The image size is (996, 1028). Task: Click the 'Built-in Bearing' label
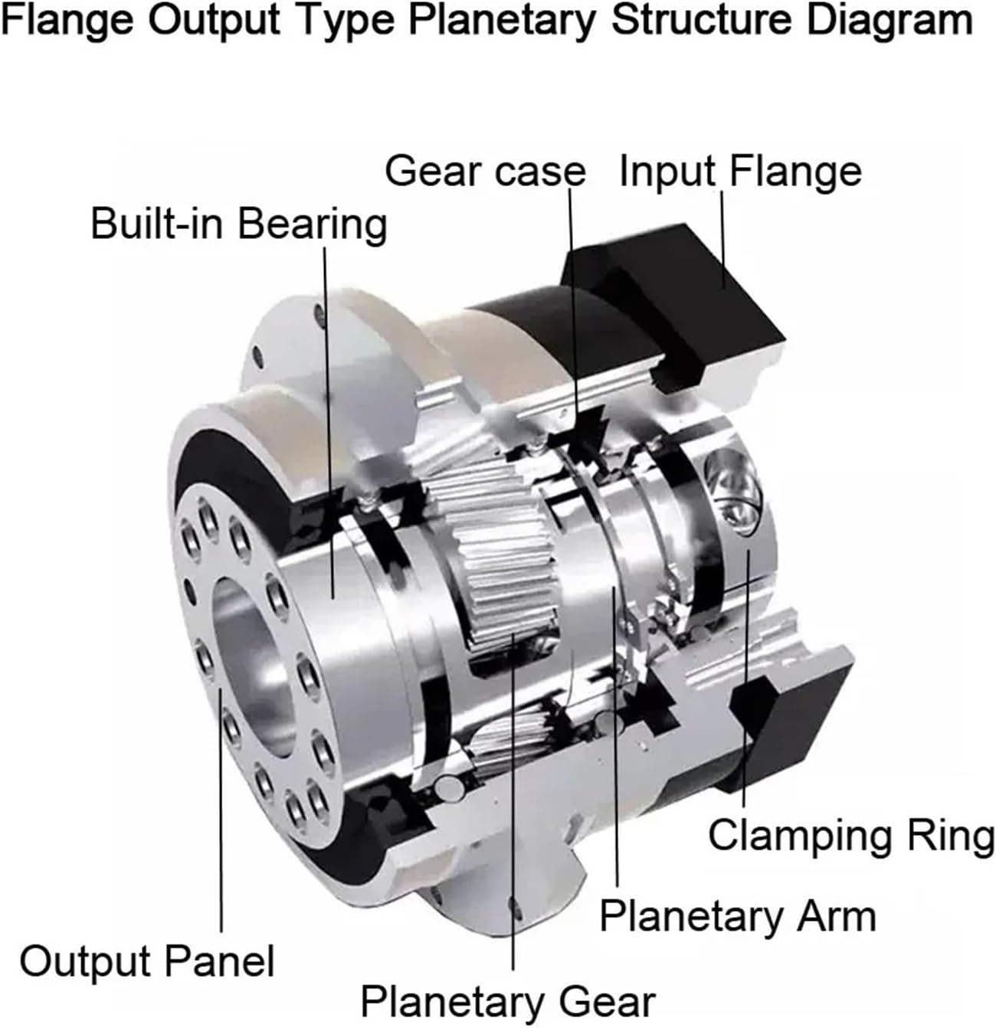pyautogui.click(x=238, y=224)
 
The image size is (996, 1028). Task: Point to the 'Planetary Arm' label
pyautogui.click(x=737, y=915)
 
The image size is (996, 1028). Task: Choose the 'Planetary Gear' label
pyautogui.click(x=508, y=1001)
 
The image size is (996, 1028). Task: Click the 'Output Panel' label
pyautogui.click(x=146, y=960)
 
